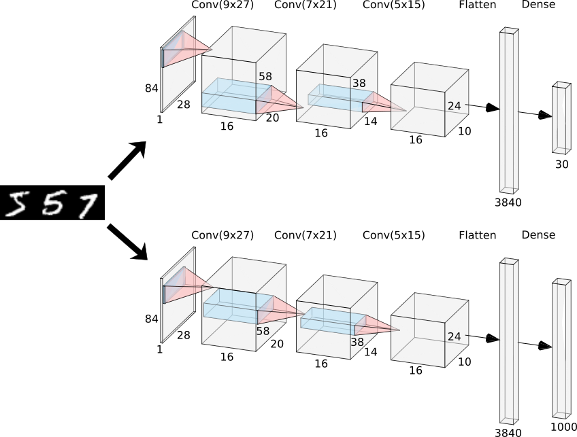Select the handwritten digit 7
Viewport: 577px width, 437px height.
(87, 206)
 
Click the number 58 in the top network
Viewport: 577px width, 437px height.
(265, 77)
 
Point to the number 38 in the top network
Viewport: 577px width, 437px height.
(359, 84)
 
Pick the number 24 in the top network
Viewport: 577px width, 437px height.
(454, 106)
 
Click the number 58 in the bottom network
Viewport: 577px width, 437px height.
(263, 331)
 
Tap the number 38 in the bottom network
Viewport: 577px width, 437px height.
(357, 343)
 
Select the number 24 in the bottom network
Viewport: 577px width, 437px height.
(454, 336)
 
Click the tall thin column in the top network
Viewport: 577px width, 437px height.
(509, 111)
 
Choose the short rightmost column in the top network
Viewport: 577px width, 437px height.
(561, 118)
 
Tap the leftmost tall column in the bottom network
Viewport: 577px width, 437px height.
(509, 341)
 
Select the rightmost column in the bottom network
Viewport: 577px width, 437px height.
(561, 348)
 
